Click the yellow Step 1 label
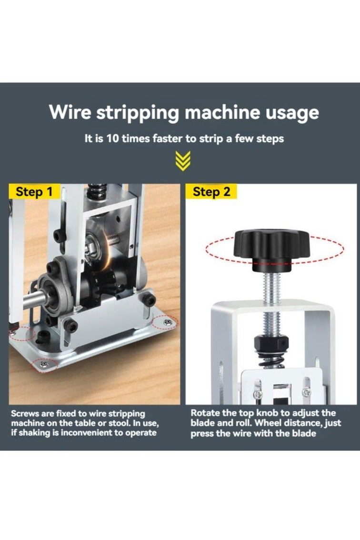(x=34, y=192)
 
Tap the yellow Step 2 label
(x=211, y=192)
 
